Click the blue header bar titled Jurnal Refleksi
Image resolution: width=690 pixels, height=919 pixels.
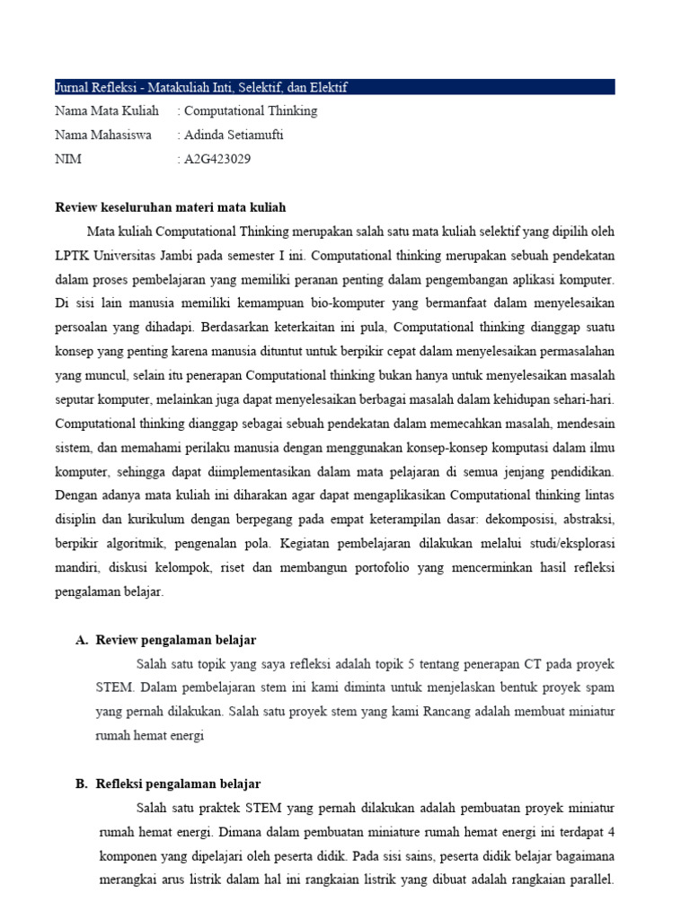[x=334, y=87]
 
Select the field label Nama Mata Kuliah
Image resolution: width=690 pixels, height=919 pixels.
[x=106, y=111]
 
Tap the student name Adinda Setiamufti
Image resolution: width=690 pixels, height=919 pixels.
[x=234, y=135]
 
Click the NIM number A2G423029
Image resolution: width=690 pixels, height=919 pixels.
[x=217, y=159]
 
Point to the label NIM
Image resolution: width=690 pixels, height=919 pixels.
[x=67, y=159]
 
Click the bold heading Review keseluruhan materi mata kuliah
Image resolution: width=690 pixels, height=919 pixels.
[x=170, y=207]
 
